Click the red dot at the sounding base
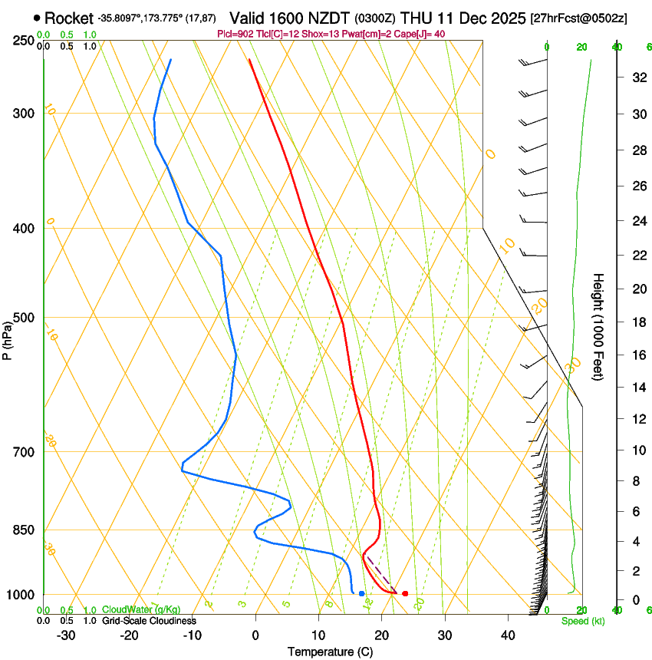tap(405, 593)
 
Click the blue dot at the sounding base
tap(361, 593)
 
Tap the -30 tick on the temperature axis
tap(66, 635)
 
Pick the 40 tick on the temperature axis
tap(508, 635)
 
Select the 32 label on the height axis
tap(638, 78)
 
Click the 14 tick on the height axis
tap(638, 388)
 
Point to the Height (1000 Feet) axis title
tap(599, 326)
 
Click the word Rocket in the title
tap(68, 18)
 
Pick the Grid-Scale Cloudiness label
tap(149, 621)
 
